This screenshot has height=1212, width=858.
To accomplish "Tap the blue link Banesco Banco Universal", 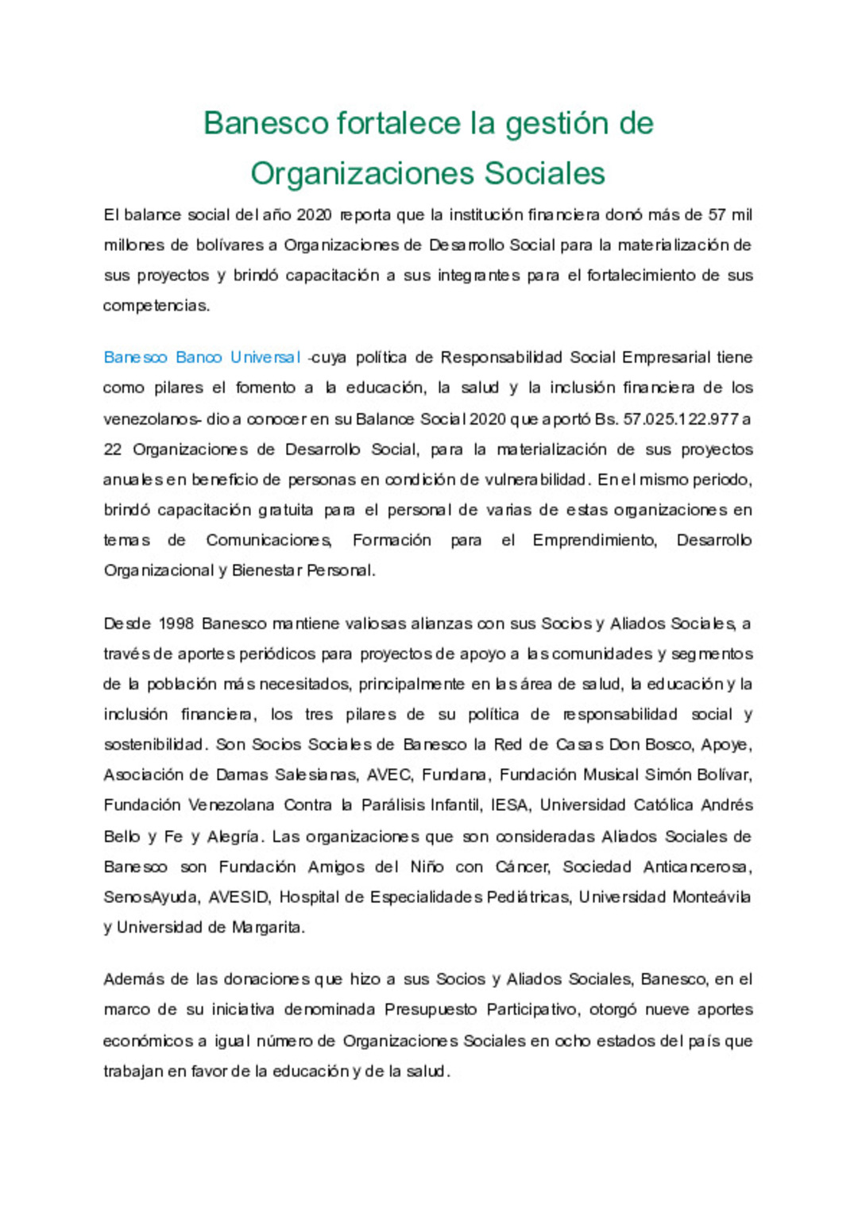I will tap(202, 357).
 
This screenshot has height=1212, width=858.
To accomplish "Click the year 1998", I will tap(176, 623).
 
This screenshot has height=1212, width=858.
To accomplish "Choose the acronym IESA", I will tap(509, 805).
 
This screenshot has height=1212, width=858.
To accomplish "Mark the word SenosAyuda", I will tap(151, 897).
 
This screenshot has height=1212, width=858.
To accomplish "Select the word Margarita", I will tap(267, 927).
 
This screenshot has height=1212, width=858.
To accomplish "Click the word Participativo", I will tap(532, 1009).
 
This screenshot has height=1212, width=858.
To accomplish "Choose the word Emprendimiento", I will tap(594, 540).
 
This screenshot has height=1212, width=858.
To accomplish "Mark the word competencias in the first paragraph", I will tap(156, 306).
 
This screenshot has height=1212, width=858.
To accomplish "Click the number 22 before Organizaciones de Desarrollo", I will tap(113, 450).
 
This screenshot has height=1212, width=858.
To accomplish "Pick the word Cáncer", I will tap(522, 867).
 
